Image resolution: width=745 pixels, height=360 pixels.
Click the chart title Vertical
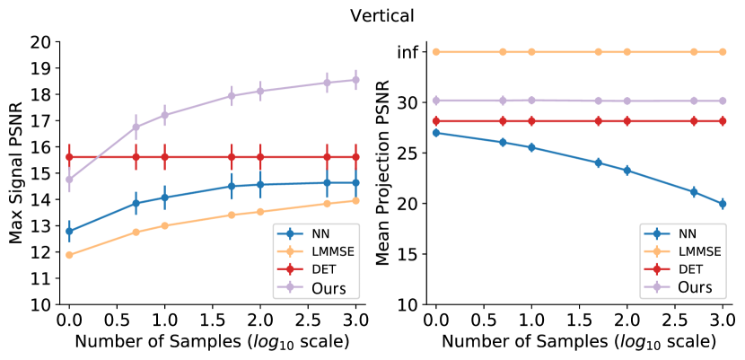[372, 16]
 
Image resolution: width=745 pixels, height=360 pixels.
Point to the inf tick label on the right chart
[408, 52]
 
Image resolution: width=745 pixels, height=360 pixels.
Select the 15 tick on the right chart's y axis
[408, 254]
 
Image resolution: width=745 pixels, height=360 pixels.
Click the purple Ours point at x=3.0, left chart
[355, 79]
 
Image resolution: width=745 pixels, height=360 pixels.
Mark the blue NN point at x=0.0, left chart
[69, 231]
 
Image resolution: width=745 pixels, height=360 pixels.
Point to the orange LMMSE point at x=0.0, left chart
[69, 255]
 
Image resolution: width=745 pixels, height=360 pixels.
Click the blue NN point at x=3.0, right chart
[722, 204]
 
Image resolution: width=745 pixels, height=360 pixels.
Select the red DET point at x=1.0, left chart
[164, 156]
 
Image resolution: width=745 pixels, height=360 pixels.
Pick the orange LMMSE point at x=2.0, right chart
[627, 52]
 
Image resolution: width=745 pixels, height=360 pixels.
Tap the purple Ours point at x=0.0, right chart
[436, 101]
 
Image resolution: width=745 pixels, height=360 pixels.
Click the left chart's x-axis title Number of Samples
[213, 342]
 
